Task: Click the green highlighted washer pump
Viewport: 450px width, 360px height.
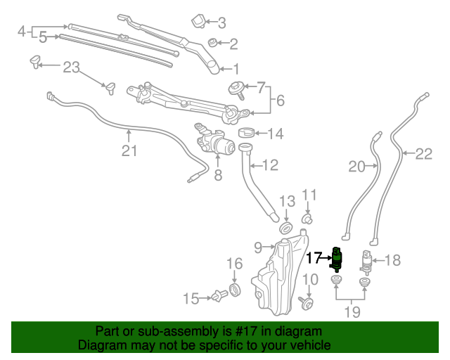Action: click(x=338, y=259)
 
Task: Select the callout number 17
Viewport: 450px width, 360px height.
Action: click(x=314, y=258)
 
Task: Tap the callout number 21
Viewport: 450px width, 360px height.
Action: click(x=129, y=150)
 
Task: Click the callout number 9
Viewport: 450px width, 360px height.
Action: click(x=257, y=247)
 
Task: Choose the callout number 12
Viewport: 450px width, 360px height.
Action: click(x=270, y=166)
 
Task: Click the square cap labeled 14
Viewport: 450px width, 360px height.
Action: click(x=245, y=133)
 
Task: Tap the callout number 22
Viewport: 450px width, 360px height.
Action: click(x=423, y=154)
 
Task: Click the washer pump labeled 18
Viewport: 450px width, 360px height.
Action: click(x=366, y=262)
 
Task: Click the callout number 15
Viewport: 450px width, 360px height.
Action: click(x=191, y=299)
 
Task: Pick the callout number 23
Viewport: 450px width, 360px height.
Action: click(x=72, y=67)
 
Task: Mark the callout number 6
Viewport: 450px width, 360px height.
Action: click(x=280, y=101)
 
